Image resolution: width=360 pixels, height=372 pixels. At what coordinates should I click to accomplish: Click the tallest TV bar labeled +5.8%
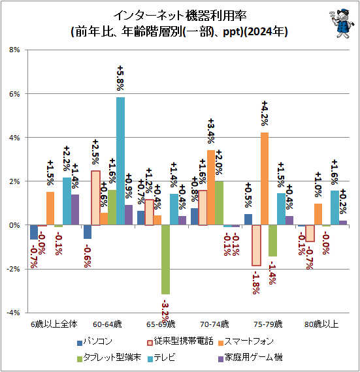pos(120,161)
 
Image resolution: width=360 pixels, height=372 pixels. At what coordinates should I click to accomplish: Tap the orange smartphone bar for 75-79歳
pos(264,179)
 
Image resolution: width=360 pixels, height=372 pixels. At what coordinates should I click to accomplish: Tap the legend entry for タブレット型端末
pos(107,358)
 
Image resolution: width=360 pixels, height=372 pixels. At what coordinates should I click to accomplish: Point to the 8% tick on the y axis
pos(15,50)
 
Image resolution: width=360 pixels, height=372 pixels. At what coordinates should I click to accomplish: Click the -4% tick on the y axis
pos(14,313)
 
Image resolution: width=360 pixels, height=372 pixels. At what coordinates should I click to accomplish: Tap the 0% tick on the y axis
pos(15,225)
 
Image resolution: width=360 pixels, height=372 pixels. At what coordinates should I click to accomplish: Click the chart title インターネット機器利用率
pos(171,14)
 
